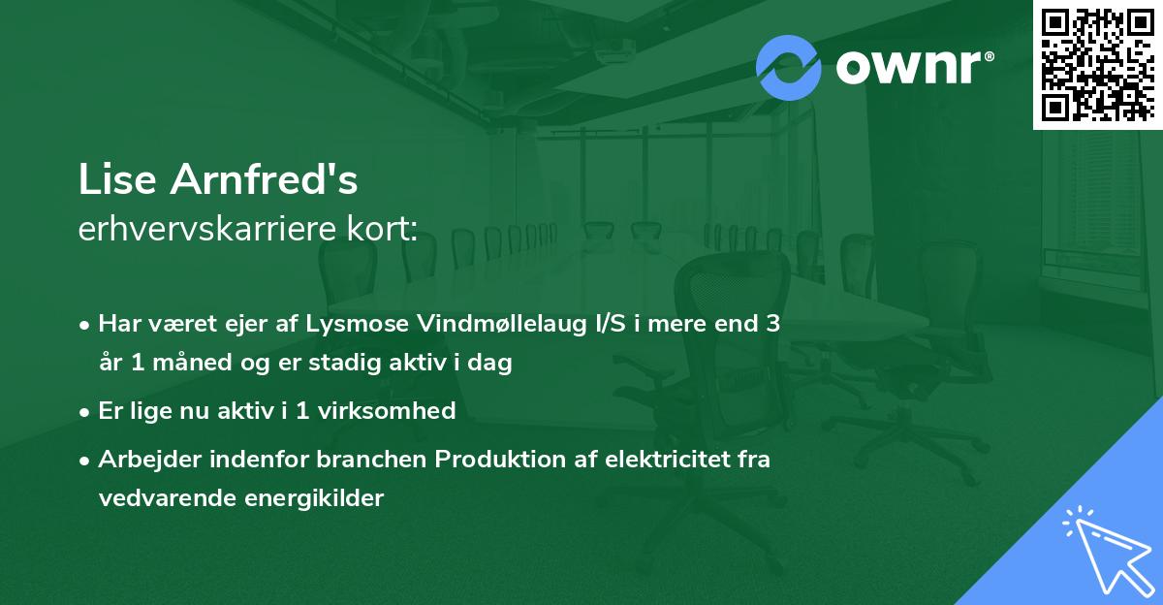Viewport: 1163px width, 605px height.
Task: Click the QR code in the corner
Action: pos(1098,65)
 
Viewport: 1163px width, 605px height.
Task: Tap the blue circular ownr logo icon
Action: pos(789,67)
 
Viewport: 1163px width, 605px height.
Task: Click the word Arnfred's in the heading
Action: pos(265,179)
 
